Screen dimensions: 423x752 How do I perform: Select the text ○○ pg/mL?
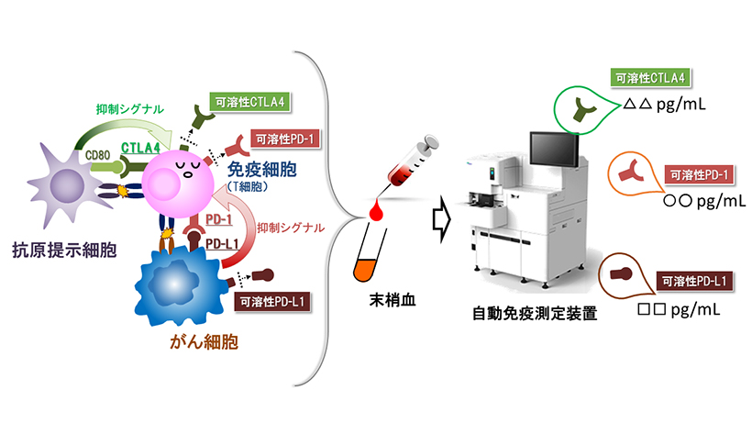[684, 199]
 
